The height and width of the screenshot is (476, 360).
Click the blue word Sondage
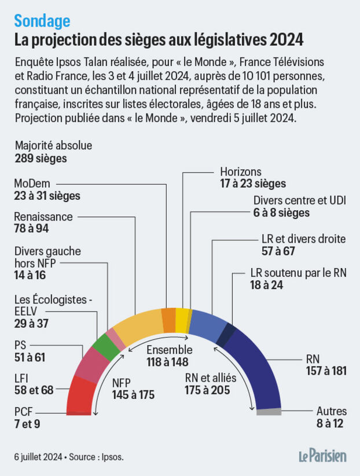(42, 21)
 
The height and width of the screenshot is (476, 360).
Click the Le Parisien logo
(322, 456)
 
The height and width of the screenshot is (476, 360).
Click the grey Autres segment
(269, 412)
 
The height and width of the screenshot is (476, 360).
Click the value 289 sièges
(41, 158)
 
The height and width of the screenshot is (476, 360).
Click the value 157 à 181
(326, 371)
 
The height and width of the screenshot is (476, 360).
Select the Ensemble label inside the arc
(168, 350)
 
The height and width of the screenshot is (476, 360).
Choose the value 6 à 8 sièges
(281, 213)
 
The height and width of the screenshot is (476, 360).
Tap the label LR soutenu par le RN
(298, 273)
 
